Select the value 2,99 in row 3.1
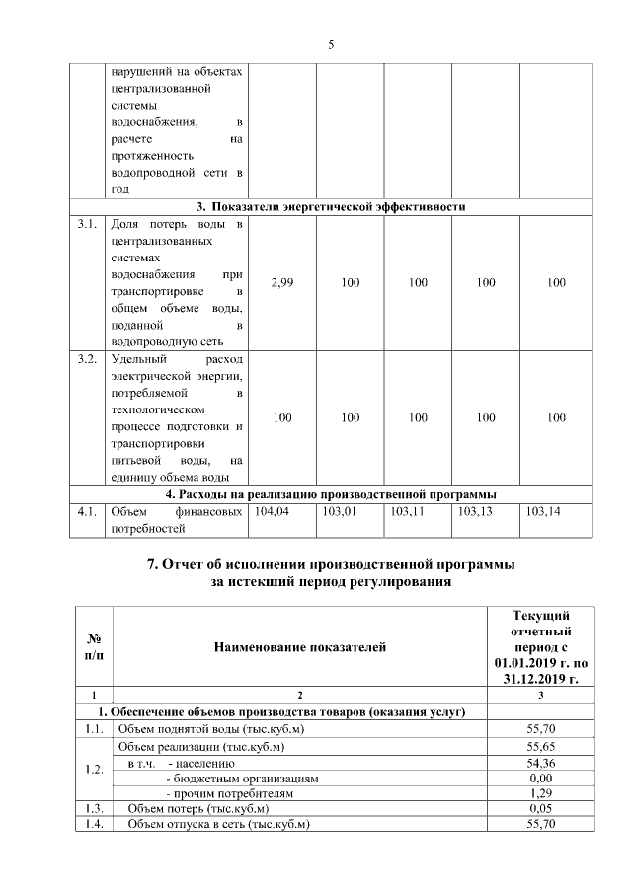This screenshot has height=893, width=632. [x=281, y=283]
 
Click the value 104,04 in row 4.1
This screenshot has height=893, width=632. [x=273, y=512]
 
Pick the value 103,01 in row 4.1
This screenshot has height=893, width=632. [x=340, y=512]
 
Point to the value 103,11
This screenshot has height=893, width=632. [x=408, y=512]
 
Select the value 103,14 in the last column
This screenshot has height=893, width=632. [x=544, y=512]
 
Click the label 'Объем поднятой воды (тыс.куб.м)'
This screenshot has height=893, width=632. [x=209, y=729]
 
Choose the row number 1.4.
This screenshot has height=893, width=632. [x=92, y=825]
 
